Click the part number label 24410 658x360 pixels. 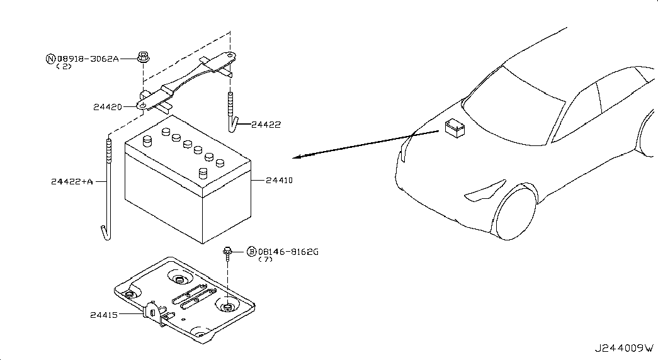pyautogui.click(x=279, y=181)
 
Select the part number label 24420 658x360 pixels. pyautogui.click(x=108, y=107)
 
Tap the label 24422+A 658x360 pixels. pyautogui.click(x=72, y=182)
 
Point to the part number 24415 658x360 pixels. pyautogui.click(x=104, y=315)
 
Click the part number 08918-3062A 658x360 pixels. pyautogui.click(x=88, y=59)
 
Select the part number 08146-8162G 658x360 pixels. pyautogui.click(x=288, y=252)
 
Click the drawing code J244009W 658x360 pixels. pyautogui.click(x=624, y=348)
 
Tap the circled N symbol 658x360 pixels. pyautogui.click(x=50, y=59)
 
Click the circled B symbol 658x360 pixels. pyautogui.click(x=251, y=252)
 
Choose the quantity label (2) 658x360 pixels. pyautogui.click(x=64, y=66)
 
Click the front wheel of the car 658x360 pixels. pyautogui.click(x=515, y=212)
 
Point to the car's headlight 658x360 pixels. pyautogui.click(x=485, y=189)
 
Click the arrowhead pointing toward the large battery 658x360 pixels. pyautogui.click(x=298, y=157)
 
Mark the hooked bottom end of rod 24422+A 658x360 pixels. pyautogui.click(x=106, y=233)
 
